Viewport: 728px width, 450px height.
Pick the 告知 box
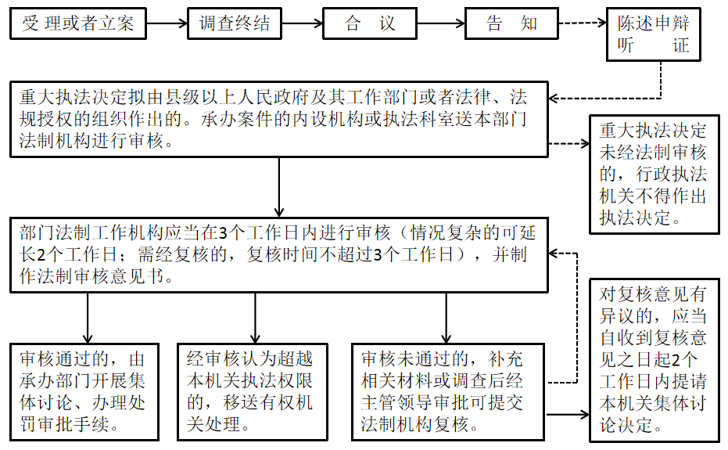click(x=512, y=23)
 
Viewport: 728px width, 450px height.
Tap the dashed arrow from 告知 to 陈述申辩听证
click(x=583, y=23)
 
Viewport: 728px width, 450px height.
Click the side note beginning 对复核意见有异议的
click(x=654, y=360)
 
